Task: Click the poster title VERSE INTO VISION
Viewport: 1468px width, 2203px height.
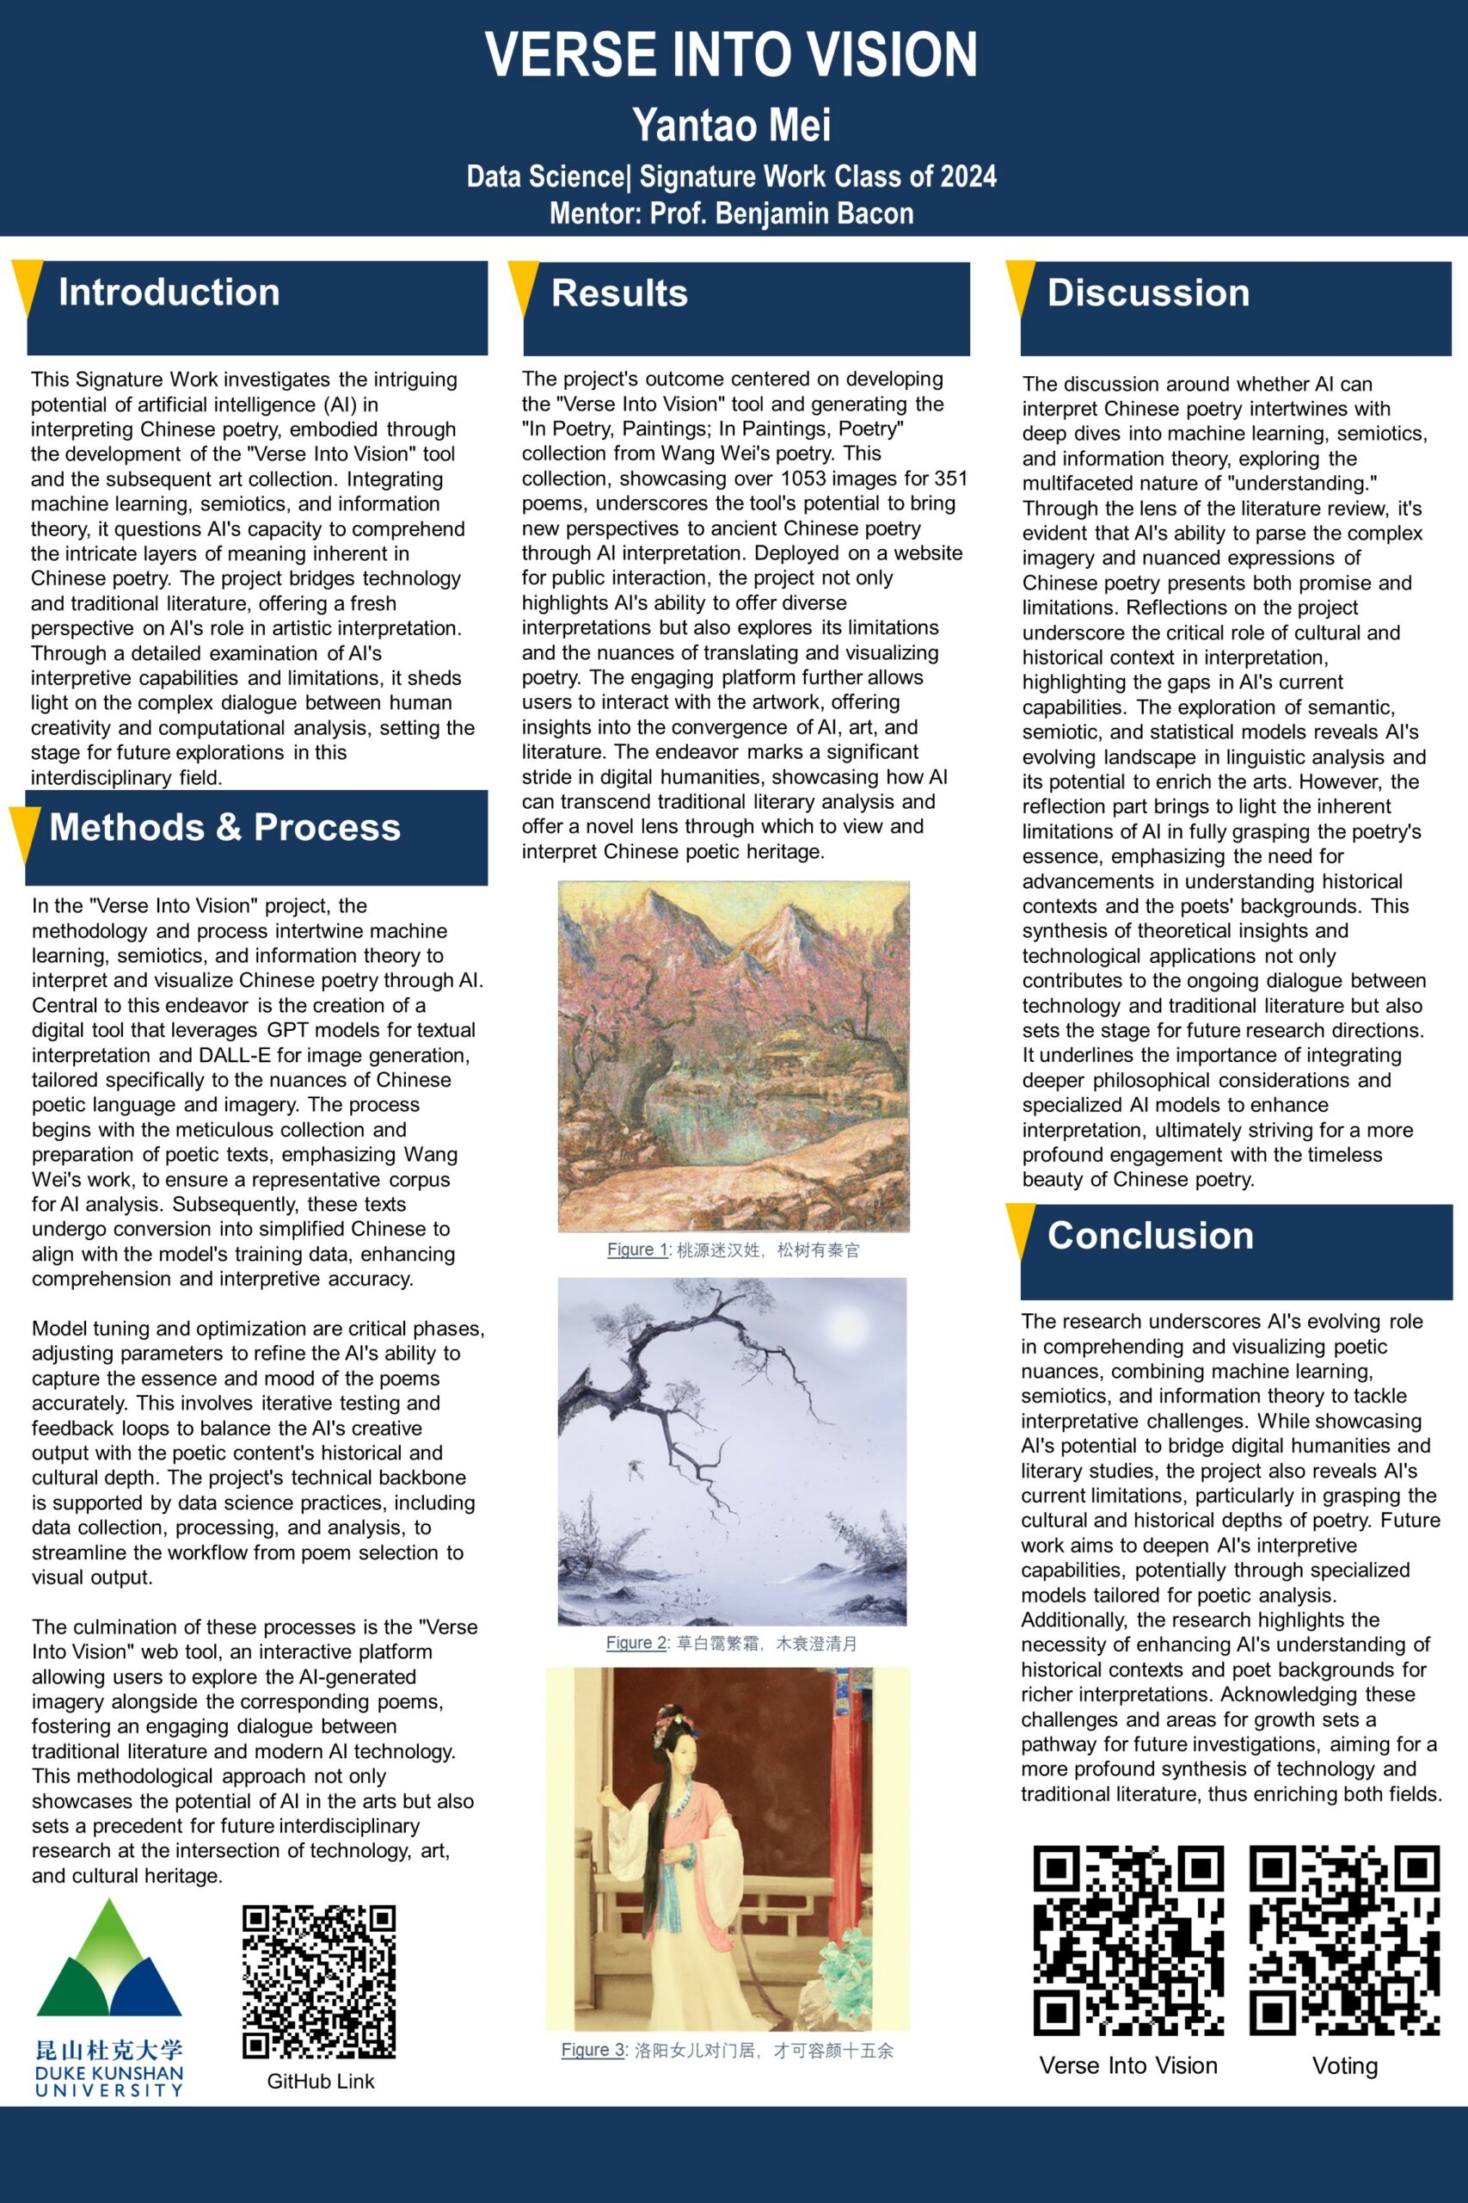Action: [731, 54]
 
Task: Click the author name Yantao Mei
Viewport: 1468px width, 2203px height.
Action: [731, 126]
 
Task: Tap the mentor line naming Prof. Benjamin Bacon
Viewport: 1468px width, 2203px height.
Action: [731, 213]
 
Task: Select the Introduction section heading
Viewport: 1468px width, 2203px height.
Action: [169, 293]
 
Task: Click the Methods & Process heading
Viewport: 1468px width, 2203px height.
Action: [224, 828]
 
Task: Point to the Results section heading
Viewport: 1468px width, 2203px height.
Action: [620, 293]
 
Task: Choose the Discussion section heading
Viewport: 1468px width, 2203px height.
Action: [1148, 293]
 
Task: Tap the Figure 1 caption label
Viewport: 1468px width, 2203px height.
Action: [637, 1250]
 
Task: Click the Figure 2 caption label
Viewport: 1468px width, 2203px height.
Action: [636, 1643]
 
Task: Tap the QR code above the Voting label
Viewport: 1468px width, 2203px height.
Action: [1344, 1940]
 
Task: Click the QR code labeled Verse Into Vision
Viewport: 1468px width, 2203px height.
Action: [1128, 1940]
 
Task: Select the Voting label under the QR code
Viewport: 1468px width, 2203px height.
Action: [1344, 2065]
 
